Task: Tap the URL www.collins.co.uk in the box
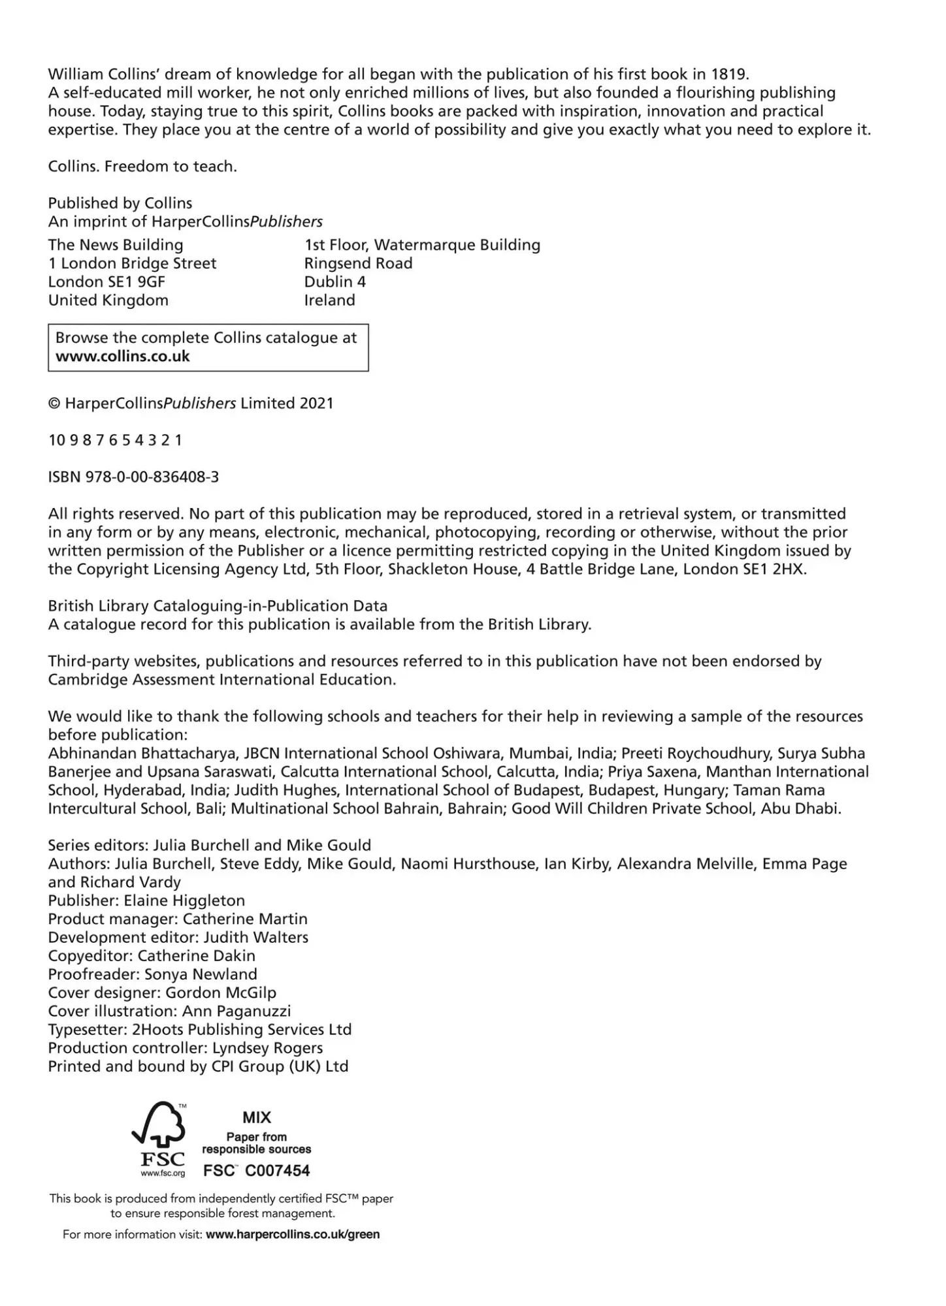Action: click(x=122, y=357)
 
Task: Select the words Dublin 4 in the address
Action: click(x=334, y=282)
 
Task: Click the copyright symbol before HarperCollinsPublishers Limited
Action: click(x=54, y=404)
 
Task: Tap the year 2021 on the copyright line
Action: click(x=316, y=404)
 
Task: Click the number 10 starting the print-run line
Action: click(x=56, y=441)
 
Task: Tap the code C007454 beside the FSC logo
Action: click(x=277, y=1171)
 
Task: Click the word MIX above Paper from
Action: click(x=257, y=1117)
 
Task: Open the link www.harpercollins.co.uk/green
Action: click(x=292, y=1235)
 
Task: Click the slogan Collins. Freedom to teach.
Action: click(x=142, y=167)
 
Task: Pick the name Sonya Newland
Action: click(x=201, y=975)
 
